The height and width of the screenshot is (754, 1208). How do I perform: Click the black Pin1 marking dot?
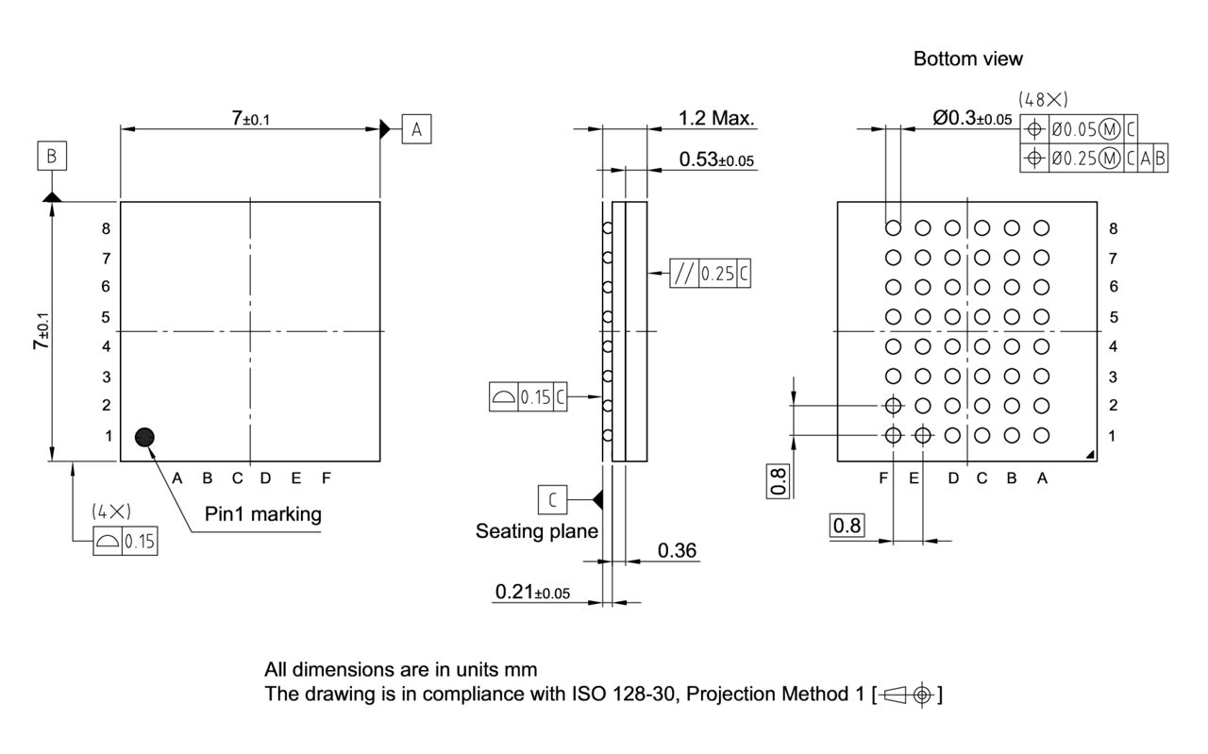144,436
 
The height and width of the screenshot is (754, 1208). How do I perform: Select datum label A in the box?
416,128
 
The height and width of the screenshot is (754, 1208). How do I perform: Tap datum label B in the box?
53,156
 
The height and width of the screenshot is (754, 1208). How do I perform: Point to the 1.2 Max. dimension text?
717,119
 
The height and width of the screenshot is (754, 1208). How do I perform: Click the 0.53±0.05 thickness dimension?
716,159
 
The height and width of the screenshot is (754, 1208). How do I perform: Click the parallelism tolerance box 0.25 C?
711,274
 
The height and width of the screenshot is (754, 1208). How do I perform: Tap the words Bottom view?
967,59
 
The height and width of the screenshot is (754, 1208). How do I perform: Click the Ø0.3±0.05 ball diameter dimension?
971,119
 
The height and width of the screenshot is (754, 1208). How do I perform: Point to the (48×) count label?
1043,99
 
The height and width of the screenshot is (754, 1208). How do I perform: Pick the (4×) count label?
111,511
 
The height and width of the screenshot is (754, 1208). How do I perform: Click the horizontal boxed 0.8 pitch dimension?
847,526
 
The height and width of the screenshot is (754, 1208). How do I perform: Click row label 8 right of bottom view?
1114,228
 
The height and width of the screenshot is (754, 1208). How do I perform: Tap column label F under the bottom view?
883,478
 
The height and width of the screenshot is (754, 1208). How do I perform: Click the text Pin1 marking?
263,514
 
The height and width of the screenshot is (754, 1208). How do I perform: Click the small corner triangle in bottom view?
1091,455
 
